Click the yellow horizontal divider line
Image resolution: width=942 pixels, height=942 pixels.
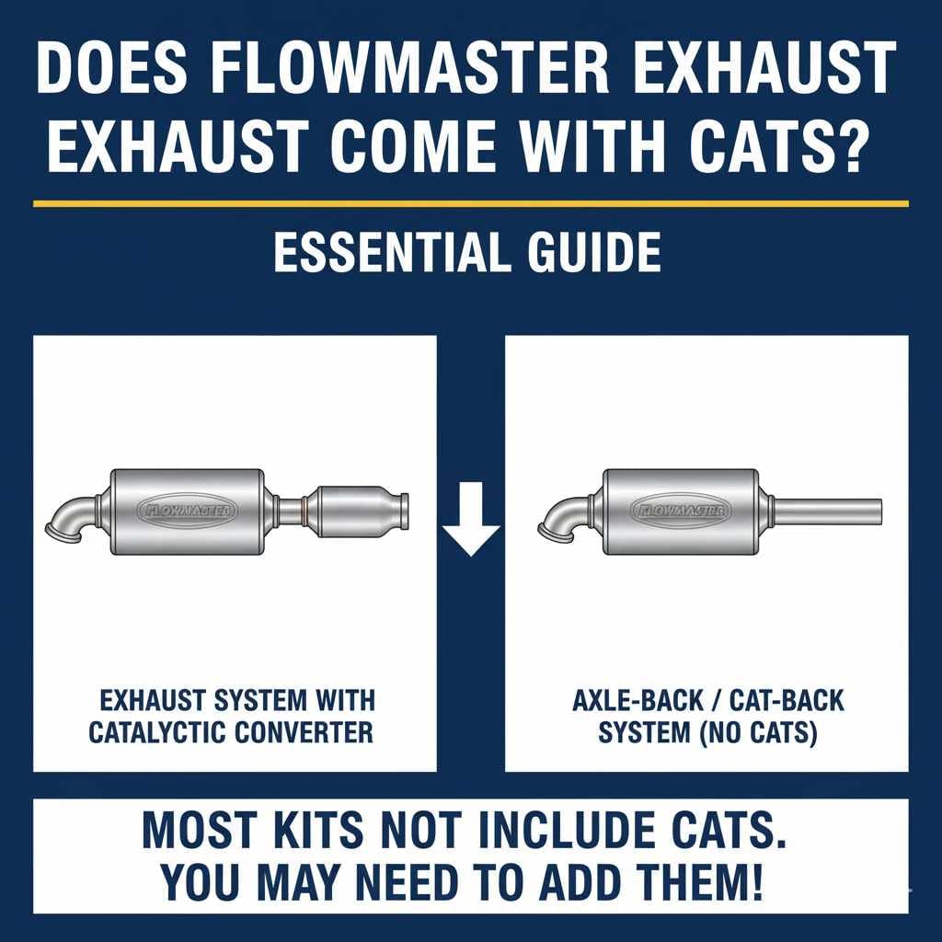tap(470, 203)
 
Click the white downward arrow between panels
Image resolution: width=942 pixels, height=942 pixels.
tap(470, 527)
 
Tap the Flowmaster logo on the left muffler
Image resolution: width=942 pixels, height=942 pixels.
tap(188, 511)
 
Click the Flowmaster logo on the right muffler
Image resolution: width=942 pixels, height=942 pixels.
tap(682, 511)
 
